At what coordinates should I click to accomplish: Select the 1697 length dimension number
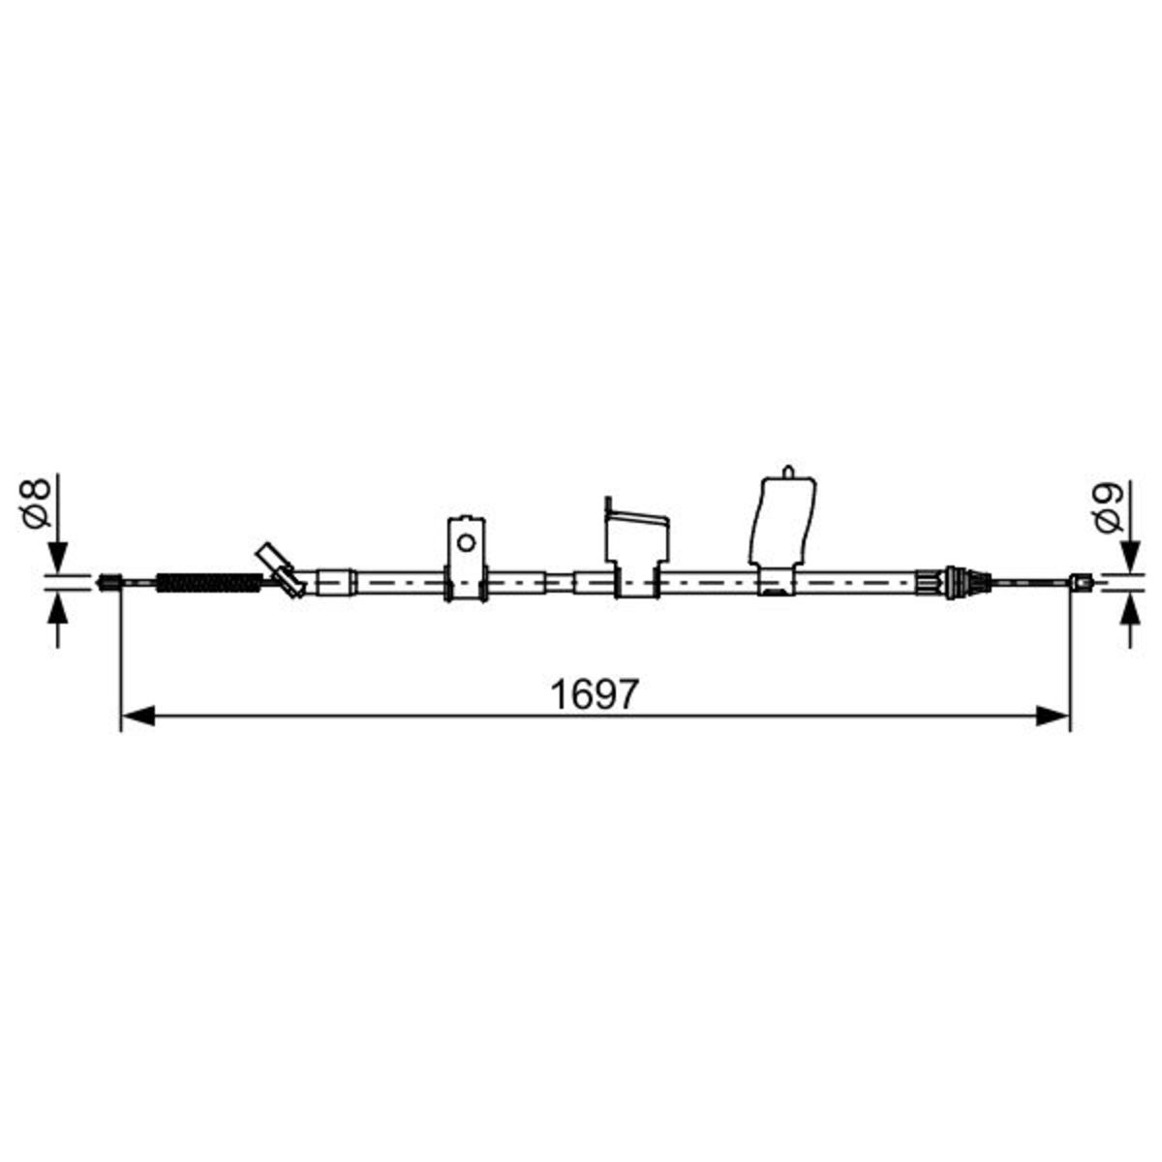[594, 694]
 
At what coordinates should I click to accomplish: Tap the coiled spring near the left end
[209, 583]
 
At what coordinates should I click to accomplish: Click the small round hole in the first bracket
[465, 542]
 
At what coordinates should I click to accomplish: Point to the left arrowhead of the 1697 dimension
[138, 717]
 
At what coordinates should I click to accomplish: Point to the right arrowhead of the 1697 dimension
[1053, 717]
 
